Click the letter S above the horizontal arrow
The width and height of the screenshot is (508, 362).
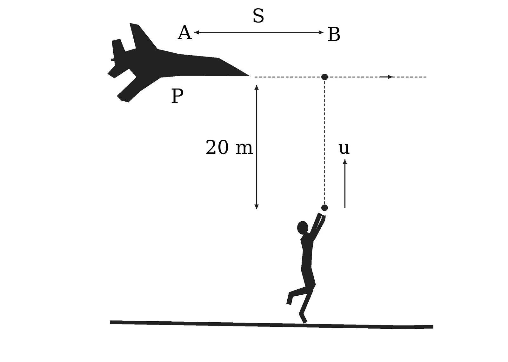coord(258,16)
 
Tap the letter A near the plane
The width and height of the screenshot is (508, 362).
coord(184,32)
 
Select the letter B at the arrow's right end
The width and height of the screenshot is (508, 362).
coord(334,34)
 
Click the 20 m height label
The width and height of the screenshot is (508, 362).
coord(229,147)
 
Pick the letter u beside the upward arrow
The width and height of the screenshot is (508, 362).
coord(344,149)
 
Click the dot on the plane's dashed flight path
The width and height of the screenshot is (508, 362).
coord(324,77)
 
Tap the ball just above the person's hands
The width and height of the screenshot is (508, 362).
coord(324,208)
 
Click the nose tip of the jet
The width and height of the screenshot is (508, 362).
coord(250,76)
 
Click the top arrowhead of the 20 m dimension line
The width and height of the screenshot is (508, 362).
coord(257,87)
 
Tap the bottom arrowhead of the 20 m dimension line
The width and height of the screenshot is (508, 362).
coord(257,207)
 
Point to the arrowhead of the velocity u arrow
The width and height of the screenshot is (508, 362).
coord(345,162)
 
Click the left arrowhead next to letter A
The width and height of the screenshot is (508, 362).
coord(197,32)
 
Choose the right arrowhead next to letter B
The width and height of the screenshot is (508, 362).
coord(321,32)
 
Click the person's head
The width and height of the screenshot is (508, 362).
coord(303,227)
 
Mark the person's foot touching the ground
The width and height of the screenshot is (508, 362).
coord(304,318)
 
